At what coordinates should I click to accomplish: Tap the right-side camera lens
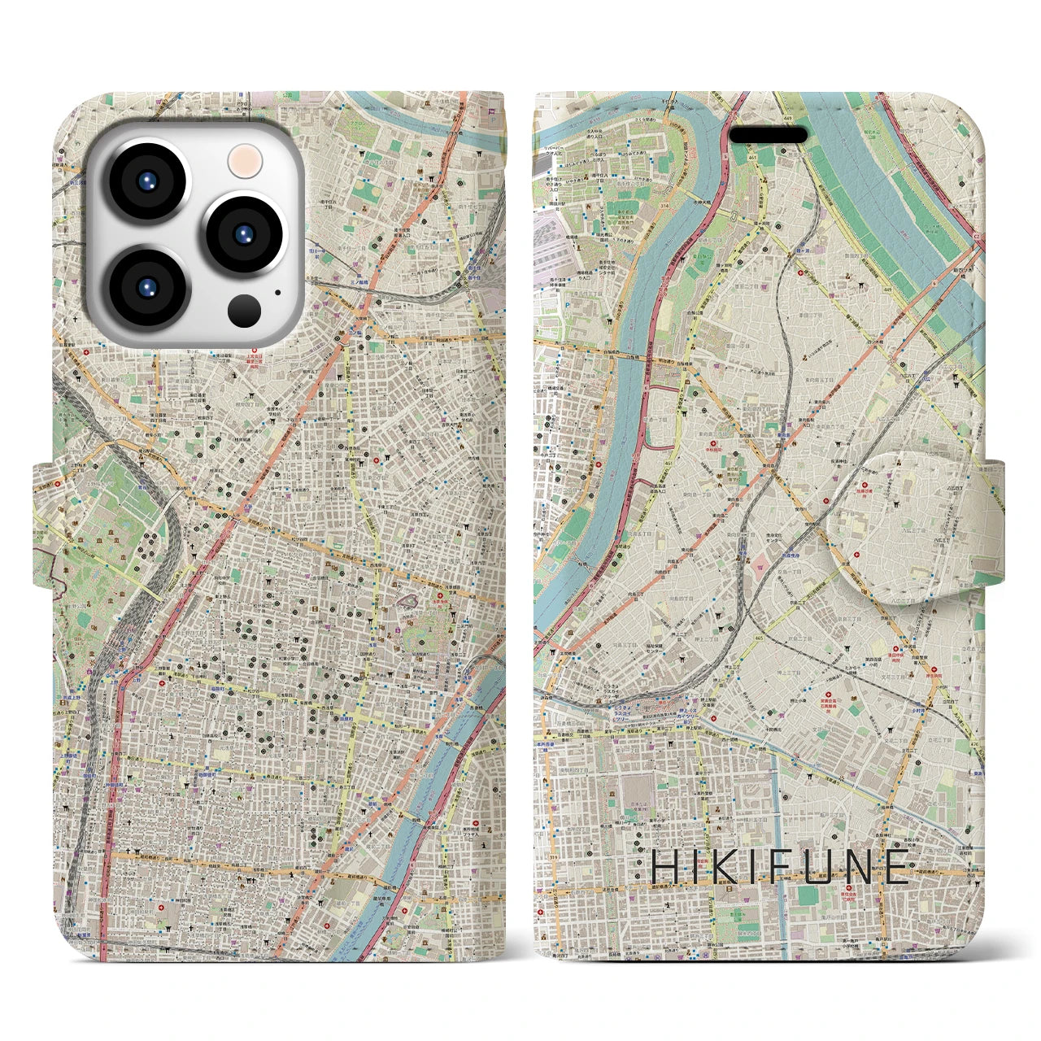(x=244, y=234)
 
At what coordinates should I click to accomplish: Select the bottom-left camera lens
(x=148, y=287)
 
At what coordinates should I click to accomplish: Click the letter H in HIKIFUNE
(x=665, y=867)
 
